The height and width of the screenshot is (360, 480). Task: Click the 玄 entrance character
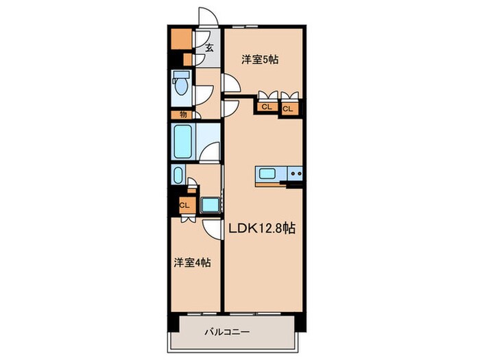point(208,49)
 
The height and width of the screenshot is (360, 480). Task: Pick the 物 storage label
point(183,114)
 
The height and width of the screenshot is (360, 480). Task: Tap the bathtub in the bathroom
point(184,142)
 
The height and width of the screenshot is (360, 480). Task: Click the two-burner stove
point(296,175)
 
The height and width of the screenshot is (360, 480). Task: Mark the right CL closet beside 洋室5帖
point(288,108)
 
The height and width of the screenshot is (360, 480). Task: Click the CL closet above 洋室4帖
point(184,204)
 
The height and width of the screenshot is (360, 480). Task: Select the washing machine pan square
point(209,204)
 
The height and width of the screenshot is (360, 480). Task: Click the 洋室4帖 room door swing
point(211,229)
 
